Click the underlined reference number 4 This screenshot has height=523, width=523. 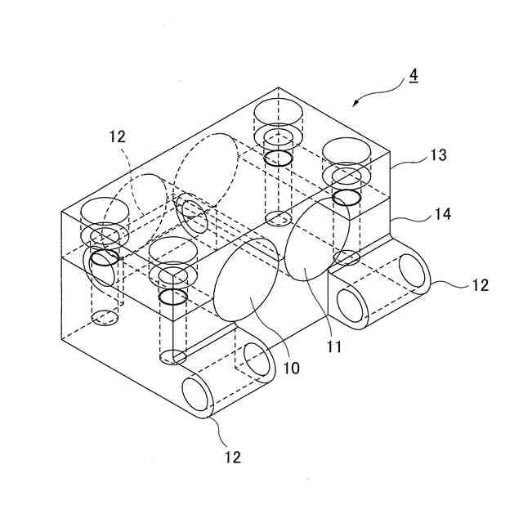click(413, 75)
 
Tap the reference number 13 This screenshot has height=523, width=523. click(439, 155)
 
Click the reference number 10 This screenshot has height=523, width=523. click(292, 369)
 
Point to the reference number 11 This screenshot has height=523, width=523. click(333, 346)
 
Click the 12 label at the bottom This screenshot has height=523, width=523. click(233, 457)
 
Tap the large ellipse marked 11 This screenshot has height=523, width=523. click(316, 239)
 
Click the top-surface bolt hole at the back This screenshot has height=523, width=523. click(278, 113)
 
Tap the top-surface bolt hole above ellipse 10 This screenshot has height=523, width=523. click(174, 251)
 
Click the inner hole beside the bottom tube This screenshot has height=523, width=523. click(259, 360)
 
